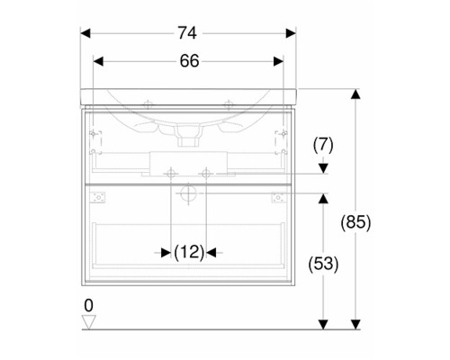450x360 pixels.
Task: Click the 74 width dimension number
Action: tap(187, 32)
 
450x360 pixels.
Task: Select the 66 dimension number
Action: tap(189, 61)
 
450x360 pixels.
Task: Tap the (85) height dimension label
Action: tap(355, 222)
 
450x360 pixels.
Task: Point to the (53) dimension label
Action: tap(323, 265)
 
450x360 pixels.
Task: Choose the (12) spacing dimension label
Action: tap(189, 252)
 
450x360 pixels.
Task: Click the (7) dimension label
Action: tap(323, 145)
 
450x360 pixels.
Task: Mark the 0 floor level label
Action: tap(88, 306)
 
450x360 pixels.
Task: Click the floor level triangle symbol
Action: tap(89, 322)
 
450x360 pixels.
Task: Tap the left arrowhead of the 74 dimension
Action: tap(85, 33)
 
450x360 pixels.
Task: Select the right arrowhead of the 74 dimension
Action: tap(291, 33)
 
